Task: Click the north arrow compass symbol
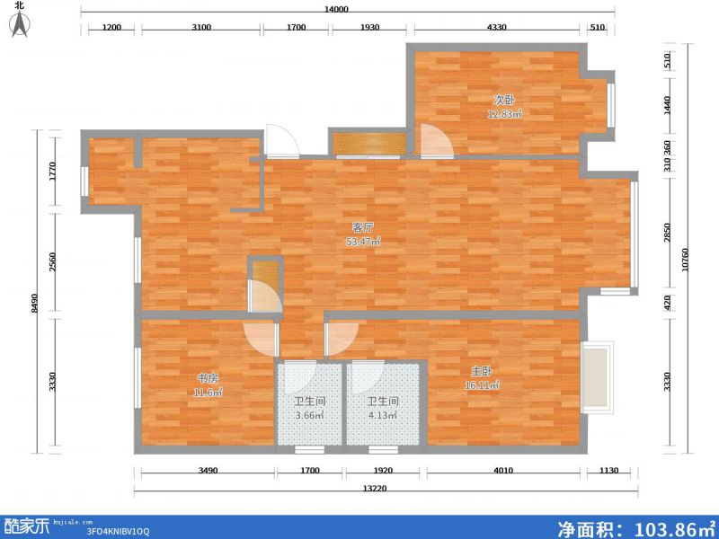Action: [20, 24]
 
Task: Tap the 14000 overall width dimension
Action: [336, 9]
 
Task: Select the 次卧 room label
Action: [504, 100]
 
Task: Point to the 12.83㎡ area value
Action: [504, 114]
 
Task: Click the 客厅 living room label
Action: [363, 227]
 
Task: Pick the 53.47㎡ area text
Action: [363, 242]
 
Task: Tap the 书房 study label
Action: [208, 378]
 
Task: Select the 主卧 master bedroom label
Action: [482, 371]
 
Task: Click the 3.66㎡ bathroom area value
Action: [309, 416]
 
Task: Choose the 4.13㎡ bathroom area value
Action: [383, 416]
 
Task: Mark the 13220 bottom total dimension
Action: [375, 489]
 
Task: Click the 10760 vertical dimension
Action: [685, 260]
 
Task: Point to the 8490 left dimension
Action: [34, 303]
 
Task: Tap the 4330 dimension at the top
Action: [497, 27]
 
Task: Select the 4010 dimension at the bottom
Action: [503, 470]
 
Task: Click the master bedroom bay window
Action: [597, 377]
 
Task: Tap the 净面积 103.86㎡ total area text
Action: [636, 528]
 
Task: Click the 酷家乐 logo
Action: [27, 526]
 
